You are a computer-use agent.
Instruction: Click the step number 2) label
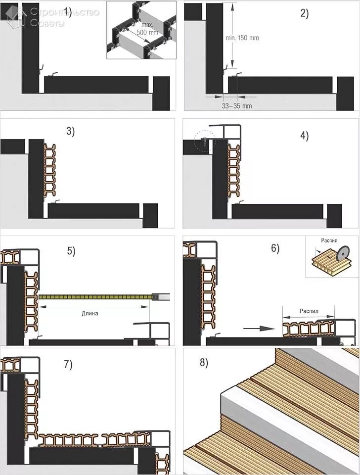click(x=304, y=13)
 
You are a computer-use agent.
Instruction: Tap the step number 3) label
click(x=70, y=131)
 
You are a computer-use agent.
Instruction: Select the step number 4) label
click(x=304, y=136)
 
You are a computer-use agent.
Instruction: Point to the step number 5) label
click(x=71, y=251)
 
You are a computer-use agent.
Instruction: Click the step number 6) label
click(x=275, y=248)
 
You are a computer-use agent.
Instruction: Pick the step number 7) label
click(x=68, y=365)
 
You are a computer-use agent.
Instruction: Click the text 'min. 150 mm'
click(x=241, y=38)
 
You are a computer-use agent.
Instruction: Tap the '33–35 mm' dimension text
click(x=237, y=106)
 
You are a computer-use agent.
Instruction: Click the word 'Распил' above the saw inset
click(x=329, y=241)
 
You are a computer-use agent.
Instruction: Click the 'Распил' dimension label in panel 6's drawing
click(x=309, y=312)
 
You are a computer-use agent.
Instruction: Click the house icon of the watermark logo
click(x=17, y=15)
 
